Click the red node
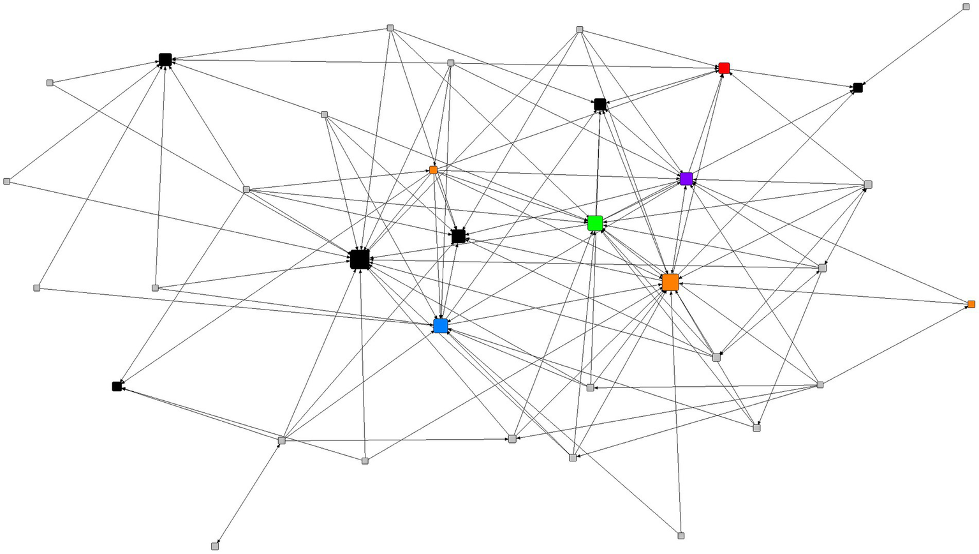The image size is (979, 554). point(724,68)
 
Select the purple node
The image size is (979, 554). point(686,179)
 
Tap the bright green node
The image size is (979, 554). point(595,223)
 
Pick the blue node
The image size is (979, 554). point(441,326)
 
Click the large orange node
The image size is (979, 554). point(670,282)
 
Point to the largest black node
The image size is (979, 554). point(360,259)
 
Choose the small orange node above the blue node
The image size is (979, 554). point(433,170)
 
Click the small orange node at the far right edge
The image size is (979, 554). point(971,304)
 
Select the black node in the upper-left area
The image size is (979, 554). point(165,59)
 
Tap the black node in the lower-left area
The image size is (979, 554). point(117,386)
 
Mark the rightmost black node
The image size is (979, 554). point(858,88)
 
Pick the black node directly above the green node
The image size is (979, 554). point(600,104)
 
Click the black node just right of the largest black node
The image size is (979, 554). point(458,236)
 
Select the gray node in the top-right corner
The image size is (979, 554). point(966,7)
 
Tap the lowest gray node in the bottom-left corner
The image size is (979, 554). point(215,546)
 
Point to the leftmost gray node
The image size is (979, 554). point(7,181)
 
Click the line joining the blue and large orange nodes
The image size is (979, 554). point(555,304)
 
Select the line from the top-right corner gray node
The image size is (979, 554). point(912,47)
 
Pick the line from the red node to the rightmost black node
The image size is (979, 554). point(791,78)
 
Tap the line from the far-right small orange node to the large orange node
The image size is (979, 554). point(823,294)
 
